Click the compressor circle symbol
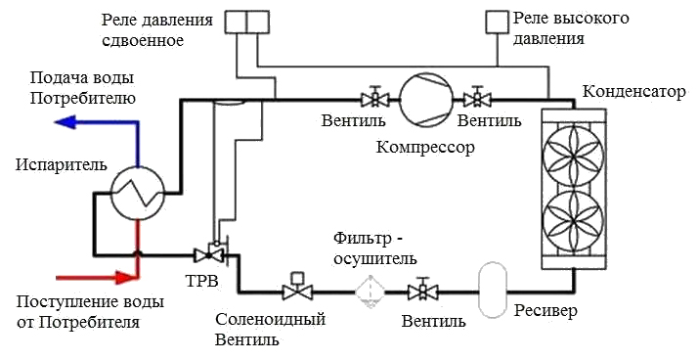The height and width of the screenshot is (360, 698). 423,99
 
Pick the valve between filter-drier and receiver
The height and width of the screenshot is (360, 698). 422,290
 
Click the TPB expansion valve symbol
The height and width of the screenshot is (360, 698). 208,254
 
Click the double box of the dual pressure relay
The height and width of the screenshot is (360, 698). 246,21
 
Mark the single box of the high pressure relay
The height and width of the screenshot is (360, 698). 498,21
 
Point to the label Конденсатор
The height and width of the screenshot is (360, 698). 632,93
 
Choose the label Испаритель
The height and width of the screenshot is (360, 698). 55,163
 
